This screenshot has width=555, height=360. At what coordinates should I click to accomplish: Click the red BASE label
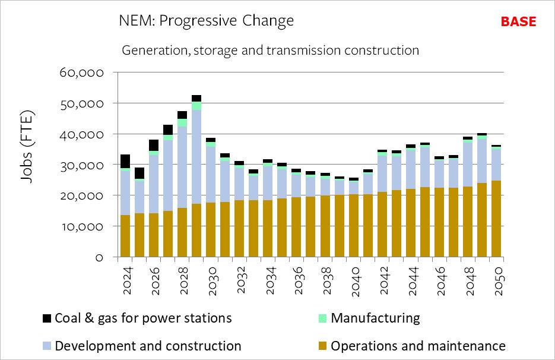point(518,22)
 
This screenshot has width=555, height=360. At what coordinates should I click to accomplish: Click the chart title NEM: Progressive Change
point(207,21)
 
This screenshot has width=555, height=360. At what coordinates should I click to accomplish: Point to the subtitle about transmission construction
point(270,50)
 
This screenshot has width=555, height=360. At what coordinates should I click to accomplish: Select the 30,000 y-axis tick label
point(83,165)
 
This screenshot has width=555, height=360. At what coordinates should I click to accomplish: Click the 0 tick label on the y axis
point(99,257)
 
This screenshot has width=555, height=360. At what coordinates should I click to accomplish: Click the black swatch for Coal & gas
point(46,318)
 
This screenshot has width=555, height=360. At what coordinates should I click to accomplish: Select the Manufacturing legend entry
point(375,318)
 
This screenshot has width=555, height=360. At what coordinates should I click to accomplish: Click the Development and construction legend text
point(148,346)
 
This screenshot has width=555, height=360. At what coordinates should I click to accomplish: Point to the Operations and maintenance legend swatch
point(322,346)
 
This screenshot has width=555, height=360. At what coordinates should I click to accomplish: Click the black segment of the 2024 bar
point(125,161)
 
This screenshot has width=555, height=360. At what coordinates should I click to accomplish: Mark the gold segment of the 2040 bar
point(354,225)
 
